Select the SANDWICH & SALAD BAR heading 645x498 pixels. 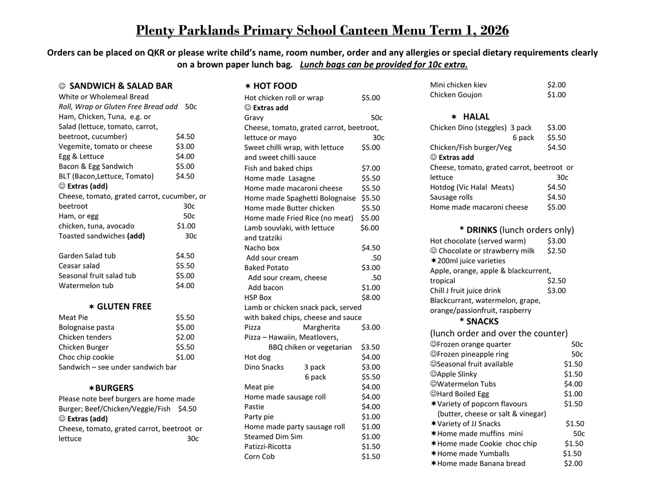(x=121, y=86)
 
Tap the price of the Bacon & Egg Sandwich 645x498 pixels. (x=185, y=167)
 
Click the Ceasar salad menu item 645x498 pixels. (x=79, y=266)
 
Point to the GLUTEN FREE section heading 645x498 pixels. (x=124, y=307)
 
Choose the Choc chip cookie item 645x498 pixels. (x=86, y=357)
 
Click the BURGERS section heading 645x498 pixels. (x=114, y=388)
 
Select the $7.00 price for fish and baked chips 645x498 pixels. (x=370, y=168)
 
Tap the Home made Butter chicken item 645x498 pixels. (x=289, y=208)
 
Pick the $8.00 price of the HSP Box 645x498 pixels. (x=370, y=298)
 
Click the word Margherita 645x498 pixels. (x=321, y=327)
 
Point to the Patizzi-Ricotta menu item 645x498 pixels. (x=268, y=446)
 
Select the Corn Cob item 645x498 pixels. (x=259, y=457)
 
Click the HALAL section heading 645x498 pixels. (x=476, y=117)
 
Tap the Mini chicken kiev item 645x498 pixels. (x=458, y=85)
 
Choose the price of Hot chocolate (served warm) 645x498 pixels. (x=556, y=241)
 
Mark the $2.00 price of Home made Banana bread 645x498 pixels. (x=573, y=464)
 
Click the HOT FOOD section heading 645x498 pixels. (x=275, y=86)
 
